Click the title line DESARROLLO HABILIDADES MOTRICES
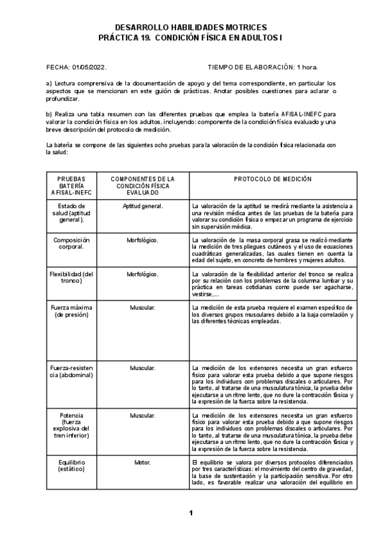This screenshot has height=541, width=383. (x=191, y=28)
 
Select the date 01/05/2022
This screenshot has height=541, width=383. (x=89, y=66)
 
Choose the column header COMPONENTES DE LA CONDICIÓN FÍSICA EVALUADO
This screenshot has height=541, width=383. (x=142, y=185)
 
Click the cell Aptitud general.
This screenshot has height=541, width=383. (x=142, y=206)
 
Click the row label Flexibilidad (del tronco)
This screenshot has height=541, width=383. (x=71, y=278)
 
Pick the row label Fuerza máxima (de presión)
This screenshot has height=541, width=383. (x=71, y=311)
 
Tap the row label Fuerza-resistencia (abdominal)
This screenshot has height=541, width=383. (x=71, y=373)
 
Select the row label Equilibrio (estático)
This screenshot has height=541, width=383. (x=71, y=464)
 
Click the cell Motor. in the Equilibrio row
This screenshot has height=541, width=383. (x=142, y=461)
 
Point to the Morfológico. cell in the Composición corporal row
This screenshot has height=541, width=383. (x=142, y=240)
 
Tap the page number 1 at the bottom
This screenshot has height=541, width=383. (x=191, y=512)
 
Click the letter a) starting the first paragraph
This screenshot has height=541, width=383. (x=49, y=84)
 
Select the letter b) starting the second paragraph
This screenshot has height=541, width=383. (x=49, y=114)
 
